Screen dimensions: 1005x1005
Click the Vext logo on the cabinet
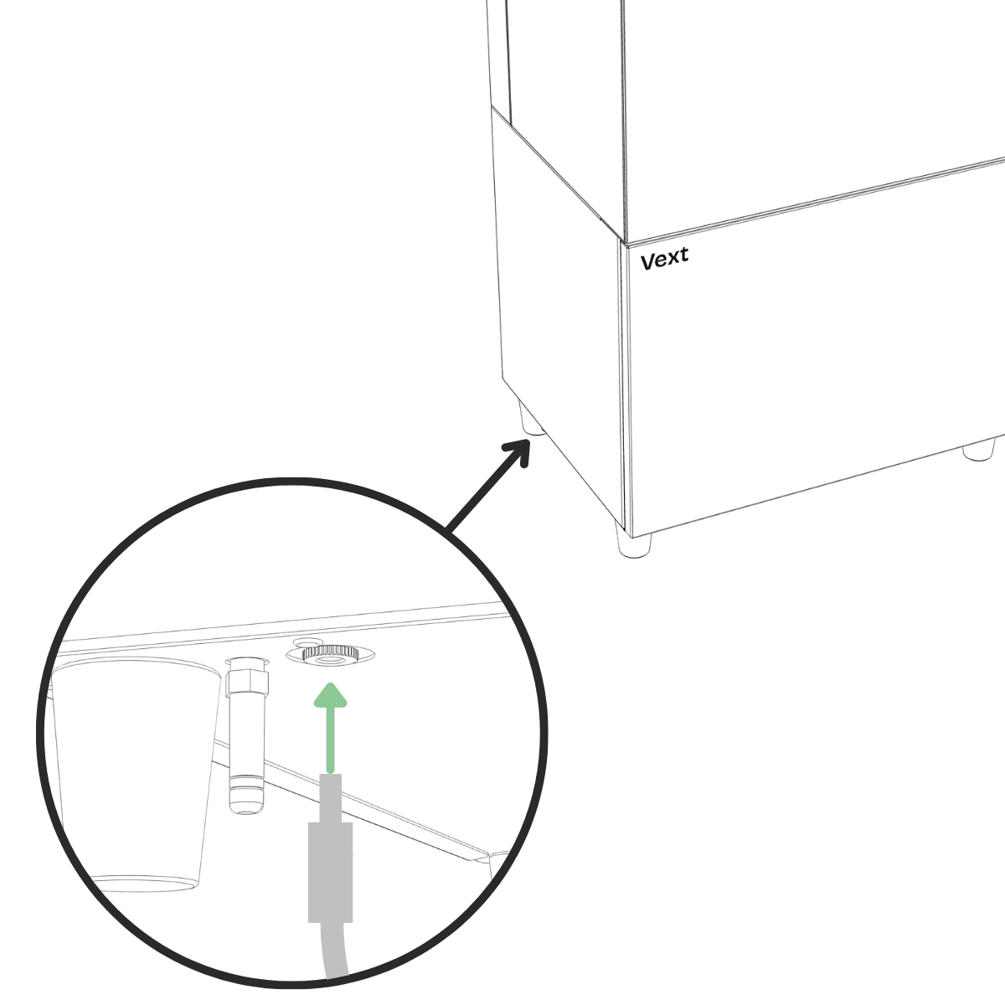coord(664,259)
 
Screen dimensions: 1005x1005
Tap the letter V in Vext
coord(647,262)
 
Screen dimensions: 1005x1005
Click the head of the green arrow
coord(330,695)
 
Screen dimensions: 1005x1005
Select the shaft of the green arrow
coord(330,740)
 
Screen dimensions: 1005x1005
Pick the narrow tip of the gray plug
coord(331,798)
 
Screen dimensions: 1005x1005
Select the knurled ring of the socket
coord(330,652)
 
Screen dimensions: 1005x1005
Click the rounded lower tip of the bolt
coord(246,805)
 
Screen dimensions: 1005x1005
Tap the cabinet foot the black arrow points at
coord(532,418)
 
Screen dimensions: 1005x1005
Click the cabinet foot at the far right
coord(978,450)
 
